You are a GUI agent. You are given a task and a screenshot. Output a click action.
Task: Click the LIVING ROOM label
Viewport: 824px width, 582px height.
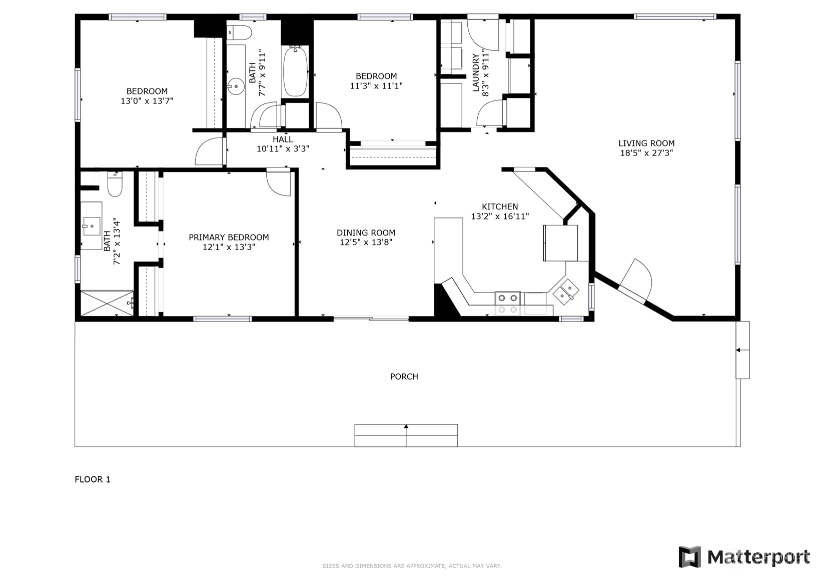point(646,143)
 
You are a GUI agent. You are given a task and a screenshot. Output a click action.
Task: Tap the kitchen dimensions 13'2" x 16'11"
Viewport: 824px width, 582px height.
point(500,216)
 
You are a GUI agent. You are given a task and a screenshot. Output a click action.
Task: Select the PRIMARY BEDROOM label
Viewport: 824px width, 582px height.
point(229,237)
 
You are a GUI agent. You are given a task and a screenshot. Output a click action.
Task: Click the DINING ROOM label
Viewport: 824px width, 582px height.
point(366,232)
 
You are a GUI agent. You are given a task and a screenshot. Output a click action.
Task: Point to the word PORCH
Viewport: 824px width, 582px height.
point(404,376)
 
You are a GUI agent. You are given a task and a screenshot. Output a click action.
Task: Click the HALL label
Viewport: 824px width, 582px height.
point(283,139)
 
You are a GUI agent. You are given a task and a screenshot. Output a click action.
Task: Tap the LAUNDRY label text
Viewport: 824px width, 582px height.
point(476,73)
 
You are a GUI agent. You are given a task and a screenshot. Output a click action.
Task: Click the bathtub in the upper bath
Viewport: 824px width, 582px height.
point(295,71)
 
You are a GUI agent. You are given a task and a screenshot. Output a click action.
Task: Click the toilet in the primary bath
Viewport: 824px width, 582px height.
point(115,184)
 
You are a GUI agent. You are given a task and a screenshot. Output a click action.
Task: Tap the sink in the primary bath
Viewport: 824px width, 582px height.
point(92,226)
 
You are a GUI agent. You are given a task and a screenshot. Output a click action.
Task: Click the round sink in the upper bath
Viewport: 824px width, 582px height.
point(235,86)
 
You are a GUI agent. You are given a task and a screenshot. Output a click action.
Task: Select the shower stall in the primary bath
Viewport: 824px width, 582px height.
point(107,302)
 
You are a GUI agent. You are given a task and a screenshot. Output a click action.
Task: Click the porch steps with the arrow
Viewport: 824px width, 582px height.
point(406,435)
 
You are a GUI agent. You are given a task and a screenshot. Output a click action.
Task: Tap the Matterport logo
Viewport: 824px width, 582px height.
point(744,556)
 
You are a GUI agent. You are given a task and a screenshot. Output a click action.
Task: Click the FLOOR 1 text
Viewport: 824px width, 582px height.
point(93,479)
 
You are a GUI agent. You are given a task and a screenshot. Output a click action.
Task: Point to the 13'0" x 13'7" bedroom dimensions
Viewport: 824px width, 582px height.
point(147,101)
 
